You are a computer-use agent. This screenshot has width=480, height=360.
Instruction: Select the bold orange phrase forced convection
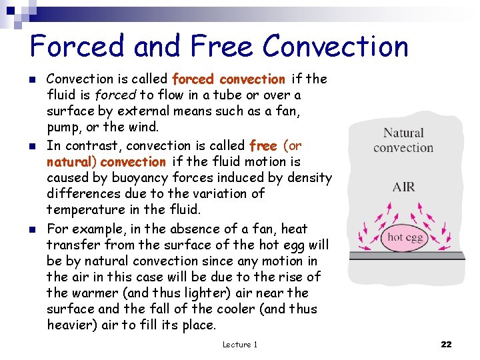(228, 79)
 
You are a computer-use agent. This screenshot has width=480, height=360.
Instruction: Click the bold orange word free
(263, 146)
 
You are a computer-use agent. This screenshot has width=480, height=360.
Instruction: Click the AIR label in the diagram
(403, 187)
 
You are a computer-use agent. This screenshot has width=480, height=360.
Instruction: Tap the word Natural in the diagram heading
(403, 133)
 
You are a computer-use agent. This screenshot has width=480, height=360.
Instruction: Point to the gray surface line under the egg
(407, 255)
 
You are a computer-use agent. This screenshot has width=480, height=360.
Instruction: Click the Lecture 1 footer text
(239, 344)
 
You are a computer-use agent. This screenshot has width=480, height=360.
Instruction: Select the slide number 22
(446, 344)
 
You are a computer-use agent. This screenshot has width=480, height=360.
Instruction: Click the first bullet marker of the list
(33, 80)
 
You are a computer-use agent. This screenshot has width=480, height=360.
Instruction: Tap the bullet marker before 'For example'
(33, 230)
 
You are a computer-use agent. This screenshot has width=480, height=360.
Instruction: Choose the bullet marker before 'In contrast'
(33, 147)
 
